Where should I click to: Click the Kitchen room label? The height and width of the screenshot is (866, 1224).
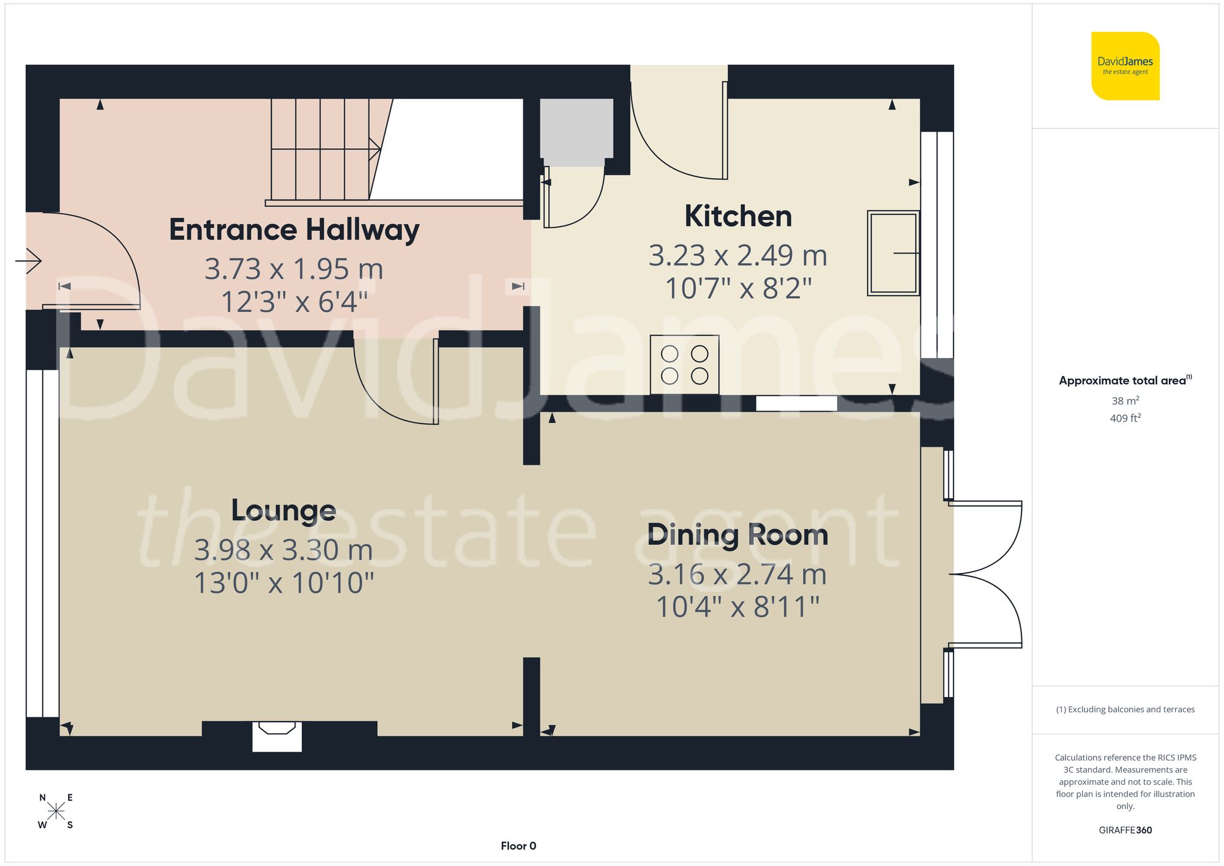[738, 217]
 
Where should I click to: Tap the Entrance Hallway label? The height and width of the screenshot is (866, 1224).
[294, 230]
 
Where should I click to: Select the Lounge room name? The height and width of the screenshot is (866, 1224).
[283, 510]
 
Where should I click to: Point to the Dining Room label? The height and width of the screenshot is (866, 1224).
[737, 535]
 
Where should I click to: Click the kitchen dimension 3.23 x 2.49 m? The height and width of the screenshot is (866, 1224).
[737, 255]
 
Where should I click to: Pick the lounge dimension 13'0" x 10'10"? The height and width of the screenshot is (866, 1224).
[283, 583]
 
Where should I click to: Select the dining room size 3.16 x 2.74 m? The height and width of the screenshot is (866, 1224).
[737, 575]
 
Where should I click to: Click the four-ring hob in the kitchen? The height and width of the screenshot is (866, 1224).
[684, 365]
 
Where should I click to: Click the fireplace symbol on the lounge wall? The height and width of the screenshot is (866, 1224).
[277, 736]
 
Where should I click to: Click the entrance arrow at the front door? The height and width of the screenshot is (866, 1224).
[29, 261]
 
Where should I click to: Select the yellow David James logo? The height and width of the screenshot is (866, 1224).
[1125, 66]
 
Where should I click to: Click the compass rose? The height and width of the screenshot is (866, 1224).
[56, 812]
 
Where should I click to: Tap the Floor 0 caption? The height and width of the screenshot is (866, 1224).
[518, 846]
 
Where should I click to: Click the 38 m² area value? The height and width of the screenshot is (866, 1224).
[1125, 401]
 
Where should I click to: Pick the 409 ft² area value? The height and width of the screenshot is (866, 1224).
[1125, 418]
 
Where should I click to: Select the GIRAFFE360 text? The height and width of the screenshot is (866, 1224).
[1125, 830]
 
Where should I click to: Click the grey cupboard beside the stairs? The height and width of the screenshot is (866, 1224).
[577, 132]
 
